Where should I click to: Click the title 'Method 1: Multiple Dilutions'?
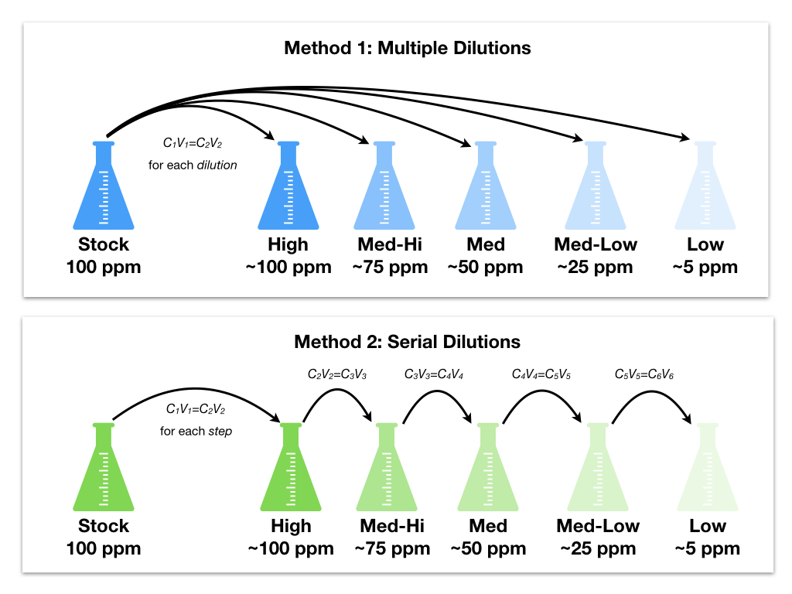point(407,48)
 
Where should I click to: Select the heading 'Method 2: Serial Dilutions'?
point(407,342)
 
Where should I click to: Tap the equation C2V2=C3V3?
point(337,374)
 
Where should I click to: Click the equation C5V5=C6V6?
point(644,374)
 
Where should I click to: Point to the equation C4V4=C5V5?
point(541,374)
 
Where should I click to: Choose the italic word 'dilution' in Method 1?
point(217,166)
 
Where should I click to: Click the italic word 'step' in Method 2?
point(220,432)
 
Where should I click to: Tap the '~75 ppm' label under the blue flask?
point(390,267)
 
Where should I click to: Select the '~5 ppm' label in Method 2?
point(707,548)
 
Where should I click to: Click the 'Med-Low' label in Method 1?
point(596,244)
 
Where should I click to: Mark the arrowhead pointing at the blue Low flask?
point(684,137)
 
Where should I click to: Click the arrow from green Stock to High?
point(196,389)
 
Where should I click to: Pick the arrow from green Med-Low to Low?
point(651,391)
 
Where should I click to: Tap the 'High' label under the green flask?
point(291,526)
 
